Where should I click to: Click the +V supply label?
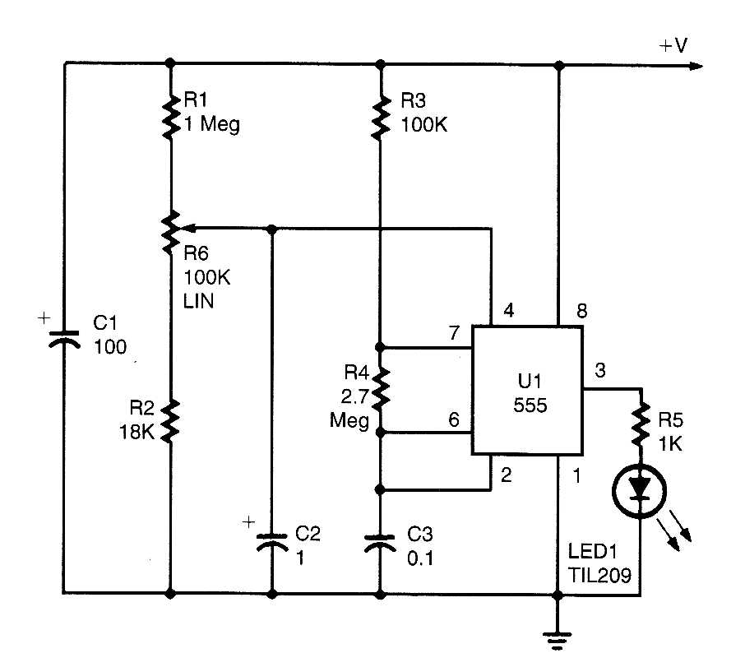(673, 47)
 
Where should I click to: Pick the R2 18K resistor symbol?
(170, 419)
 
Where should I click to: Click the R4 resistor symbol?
(380, 389)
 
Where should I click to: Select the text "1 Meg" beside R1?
(211, 126)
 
